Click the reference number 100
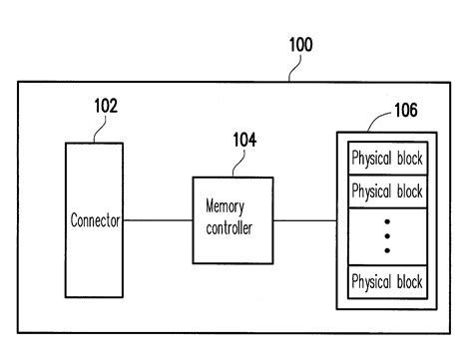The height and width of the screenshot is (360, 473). pos(300,45)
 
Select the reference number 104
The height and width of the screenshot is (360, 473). pos(245,141)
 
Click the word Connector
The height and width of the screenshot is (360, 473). pos(95,221)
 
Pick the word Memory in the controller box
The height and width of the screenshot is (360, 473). pos(225,207)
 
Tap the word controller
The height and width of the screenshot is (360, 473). pos(232,228)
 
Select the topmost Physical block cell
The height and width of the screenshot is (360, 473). pos(386,159)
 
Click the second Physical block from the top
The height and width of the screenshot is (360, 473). pos(386,190)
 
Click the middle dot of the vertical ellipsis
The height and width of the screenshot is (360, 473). pos(387,236)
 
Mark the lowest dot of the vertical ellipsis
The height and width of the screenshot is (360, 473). pos(387,250)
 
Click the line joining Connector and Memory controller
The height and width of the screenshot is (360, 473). pos(158,221)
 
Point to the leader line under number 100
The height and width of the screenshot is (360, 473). pos(295,68)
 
